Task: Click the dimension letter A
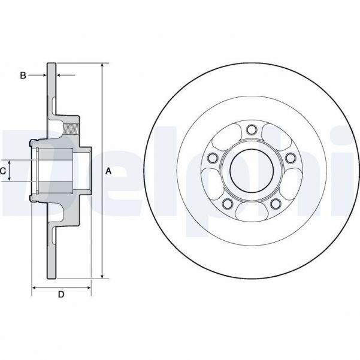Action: click(x=108, y=171)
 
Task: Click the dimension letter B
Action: click(x=23, y=75)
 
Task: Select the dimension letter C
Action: click(x=3, y=171)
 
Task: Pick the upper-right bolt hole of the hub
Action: click(x=290, y=158)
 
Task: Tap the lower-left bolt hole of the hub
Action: click(x=226, y=204)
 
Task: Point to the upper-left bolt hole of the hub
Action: click(x=211, y=158)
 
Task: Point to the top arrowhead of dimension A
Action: click(x=103, y=65)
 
